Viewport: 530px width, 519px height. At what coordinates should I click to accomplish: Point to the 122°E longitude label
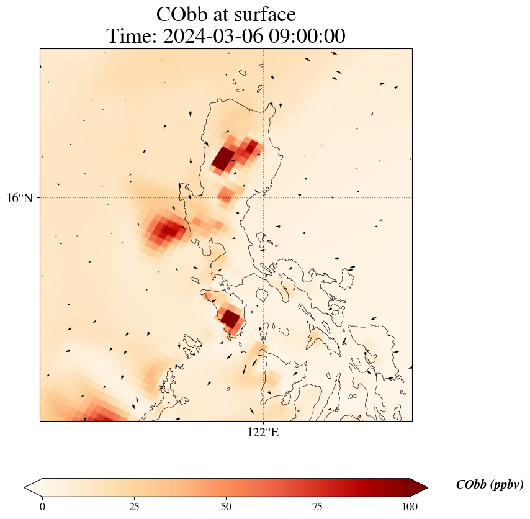[x=263, y=433]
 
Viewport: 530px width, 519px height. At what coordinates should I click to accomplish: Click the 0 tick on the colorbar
[x=42, y=507]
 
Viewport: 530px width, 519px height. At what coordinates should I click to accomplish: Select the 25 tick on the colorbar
[x=134, y=507]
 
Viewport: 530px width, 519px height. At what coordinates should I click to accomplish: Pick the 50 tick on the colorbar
[x=226, y=507]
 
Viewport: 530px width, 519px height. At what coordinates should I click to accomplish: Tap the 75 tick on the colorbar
[x=318, y=507]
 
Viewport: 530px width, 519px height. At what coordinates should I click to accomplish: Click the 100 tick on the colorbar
[x=409, y=507]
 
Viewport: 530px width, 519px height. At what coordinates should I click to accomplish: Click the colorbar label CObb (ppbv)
[x=489, y=485]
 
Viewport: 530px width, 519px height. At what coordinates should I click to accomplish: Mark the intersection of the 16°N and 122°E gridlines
[x=264, y=198]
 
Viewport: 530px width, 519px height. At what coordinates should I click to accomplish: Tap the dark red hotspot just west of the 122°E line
[x=230, y=319]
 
